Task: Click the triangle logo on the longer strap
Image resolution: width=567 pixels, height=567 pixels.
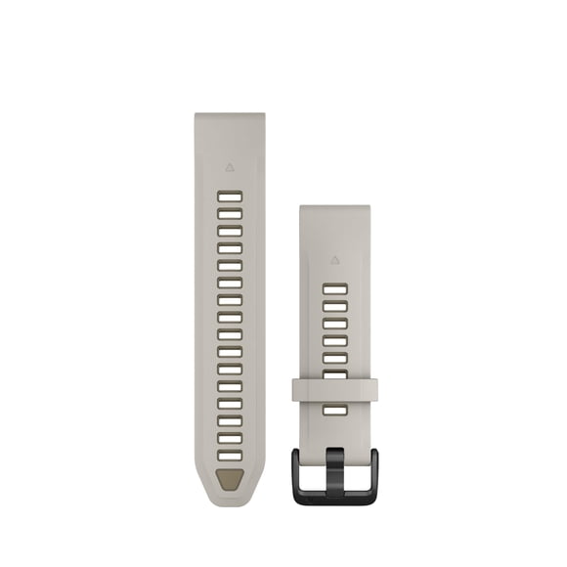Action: point(229,167)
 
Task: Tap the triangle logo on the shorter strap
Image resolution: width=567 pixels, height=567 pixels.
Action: point(334,261)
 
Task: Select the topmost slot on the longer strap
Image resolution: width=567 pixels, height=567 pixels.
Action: point(230,196)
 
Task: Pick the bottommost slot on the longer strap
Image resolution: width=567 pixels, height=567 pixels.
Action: point(230,455)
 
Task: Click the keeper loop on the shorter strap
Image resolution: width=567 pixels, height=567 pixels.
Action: point(334,390)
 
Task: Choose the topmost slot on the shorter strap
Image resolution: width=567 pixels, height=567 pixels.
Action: point(334,289)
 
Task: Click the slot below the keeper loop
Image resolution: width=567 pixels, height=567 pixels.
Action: point(334,410)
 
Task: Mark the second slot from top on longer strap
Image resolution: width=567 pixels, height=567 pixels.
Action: point(230,214)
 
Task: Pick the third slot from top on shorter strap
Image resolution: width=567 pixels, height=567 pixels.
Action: point(334,324)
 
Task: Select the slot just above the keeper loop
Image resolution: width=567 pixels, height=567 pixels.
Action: point(334,374)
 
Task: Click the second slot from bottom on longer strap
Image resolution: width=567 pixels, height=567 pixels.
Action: point(230,437)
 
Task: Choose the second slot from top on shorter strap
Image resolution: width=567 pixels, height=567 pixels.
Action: point(334,306)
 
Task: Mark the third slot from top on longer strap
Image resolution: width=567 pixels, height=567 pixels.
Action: point(230,231)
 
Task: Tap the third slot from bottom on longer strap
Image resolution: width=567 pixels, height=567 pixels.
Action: point(230,420)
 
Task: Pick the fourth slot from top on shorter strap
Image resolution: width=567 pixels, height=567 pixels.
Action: point(334,340)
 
